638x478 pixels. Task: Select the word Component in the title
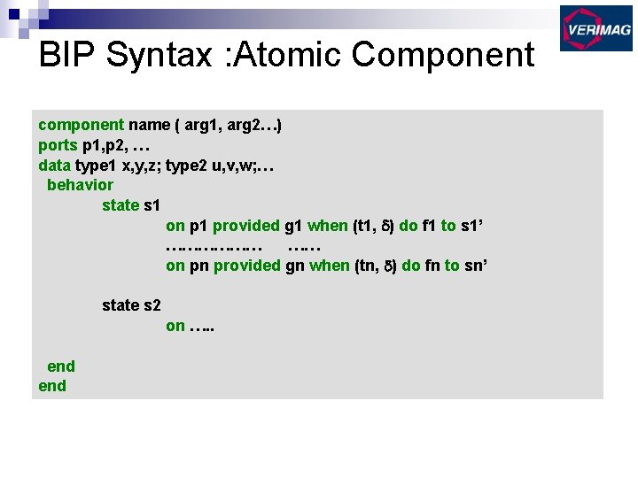point(443,55)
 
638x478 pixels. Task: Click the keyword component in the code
point(81,125)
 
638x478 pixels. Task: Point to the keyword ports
point(58,145)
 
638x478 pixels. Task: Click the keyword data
point(55,165)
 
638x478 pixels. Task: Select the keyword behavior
point(80,185)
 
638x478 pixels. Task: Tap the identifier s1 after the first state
point(152,205)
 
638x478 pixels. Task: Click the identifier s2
point(152,305)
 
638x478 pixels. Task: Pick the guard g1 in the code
point(294,226)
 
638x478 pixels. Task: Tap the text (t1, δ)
point(373,226)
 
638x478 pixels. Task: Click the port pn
point(199,266)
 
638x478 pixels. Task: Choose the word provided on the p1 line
point(246,226)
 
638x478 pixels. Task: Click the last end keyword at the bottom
point(52,386)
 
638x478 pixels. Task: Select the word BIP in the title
point(67,55)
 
